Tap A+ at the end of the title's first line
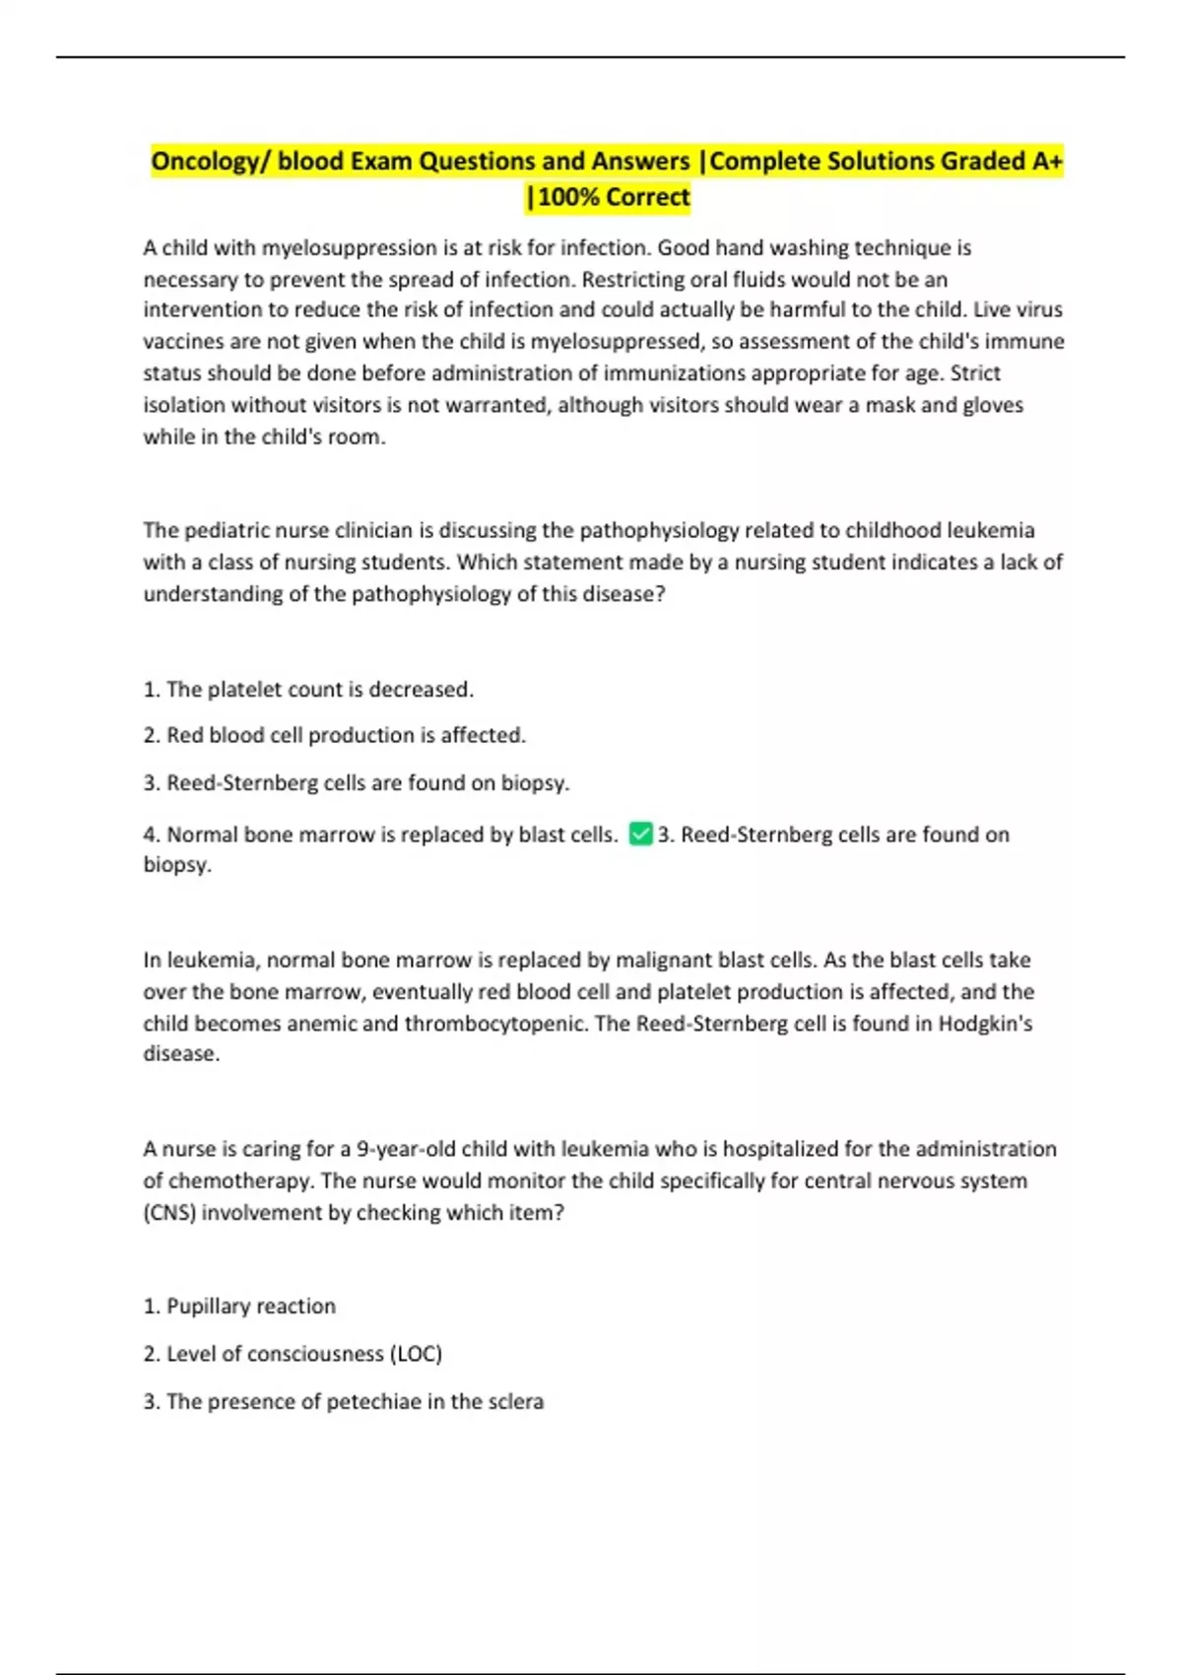(x=1047, y=161)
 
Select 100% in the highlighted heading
(x=567, y=197)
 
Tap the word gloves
(x=990, y=405)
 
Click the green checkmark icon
(x=640, y=834)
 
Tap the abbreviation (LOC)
(x=417, y=1354)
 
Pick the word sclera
(x=515, y=1401)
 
